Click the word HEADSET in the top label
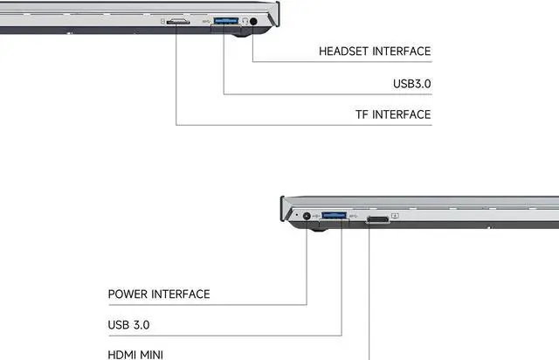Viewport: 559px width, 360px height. pos(344,52)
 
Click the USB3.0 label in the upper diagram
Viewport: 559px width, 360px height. pos(411,84)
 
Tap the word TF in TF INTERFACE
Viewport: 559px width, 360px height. pos(362,114)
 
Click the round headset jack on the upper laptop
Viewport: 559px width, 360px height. pos(254,21)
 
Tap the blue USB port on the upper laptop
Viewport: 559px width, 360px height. pos(224,20)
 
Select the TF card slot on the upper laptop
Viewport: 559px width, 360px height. pos(179,20)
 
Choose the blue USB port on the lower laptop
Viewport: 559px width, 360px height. pos(335,216)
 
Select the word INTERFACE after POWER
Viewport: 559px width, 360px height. pos(181,294)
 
